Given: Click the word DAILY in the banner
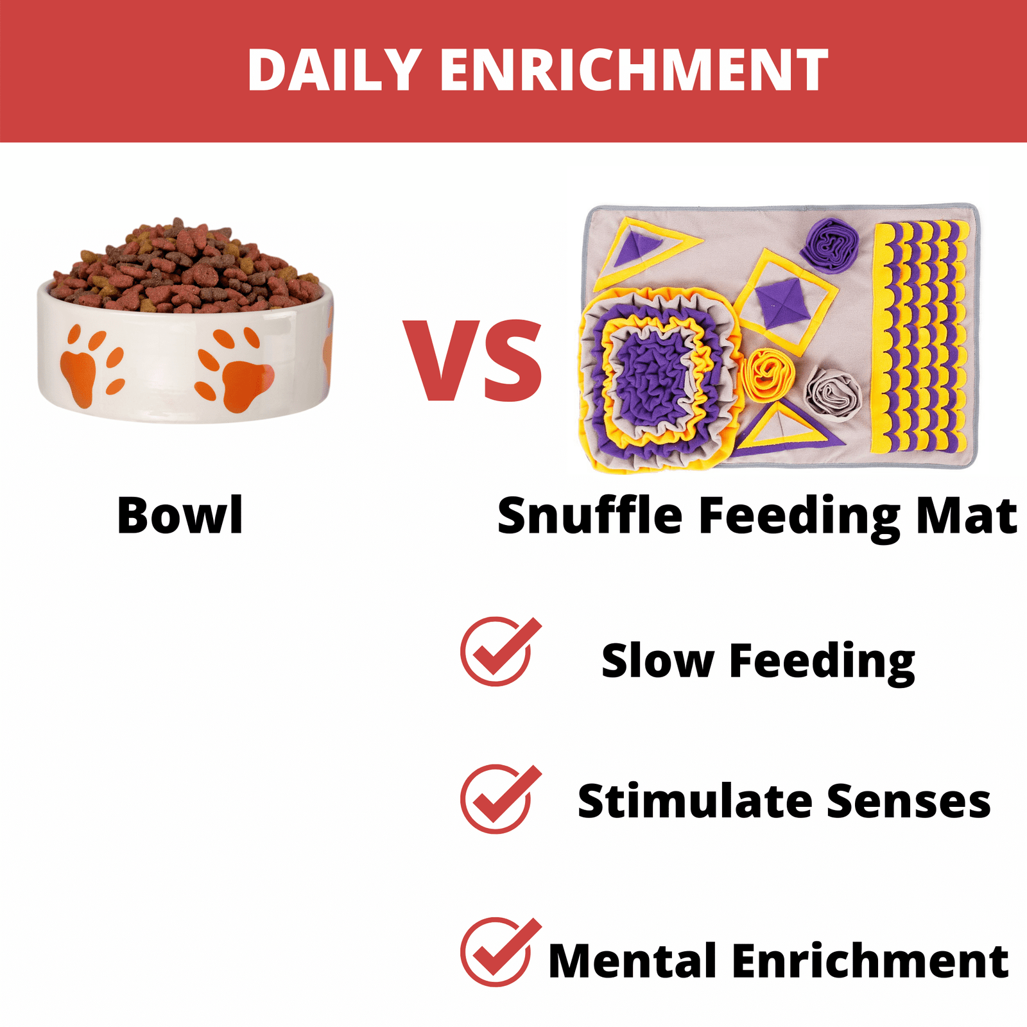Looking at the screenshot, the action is pyautogui.click(x=334, y=70).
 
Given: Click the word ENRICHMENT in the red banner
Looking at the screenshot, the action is pyautogui.click(x=634, y=70).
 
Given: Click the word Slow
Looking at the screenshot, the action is pyautogui.click(x=657, y=660).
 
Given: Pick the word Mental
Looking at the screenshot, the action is pyautogui.click(x=632, y=961).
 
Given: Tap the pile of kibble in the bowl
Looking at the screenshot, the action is pyautogui.click(x=186, y=266).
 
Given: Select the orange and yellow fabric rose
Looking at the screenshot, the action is pyautogui.click(x=768, y=374).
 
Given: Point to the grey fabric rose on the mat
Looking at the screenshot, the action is pyautogui.click(x=833, y=393).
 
